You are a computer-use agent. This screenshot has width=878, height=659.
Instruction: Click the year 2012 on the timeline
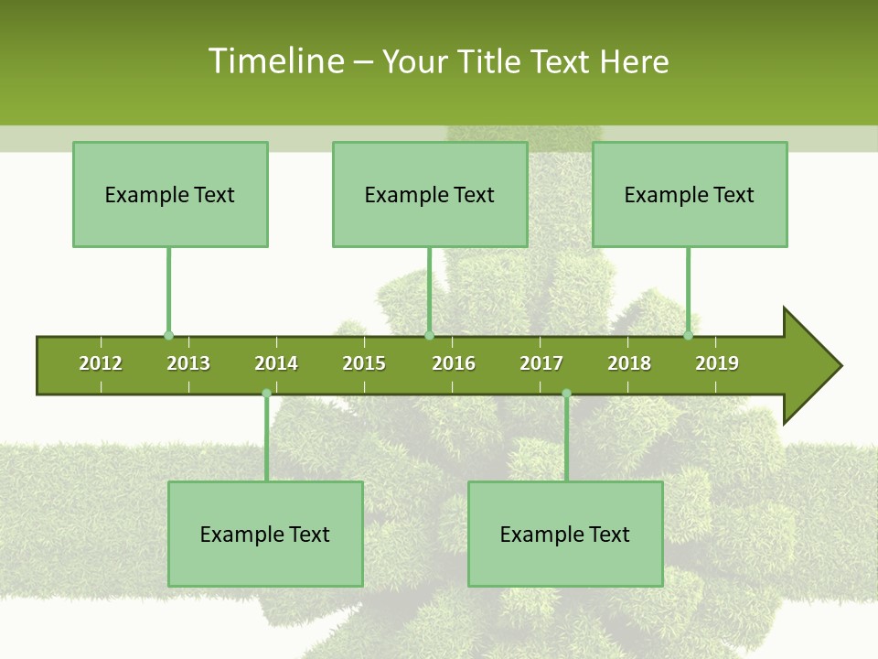click(101, 363)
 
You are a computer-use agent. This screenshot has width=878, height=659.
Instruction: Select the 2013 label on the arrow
click(188, 363)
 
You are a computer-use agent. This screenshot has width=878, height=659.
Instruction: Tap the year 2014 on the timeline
click(276, 363)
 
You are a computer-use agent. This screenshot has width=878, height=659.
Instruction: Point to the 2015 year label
click(364, 363)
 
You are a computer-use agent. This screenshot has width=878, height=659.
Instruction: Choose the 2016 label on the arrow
click(454, 363)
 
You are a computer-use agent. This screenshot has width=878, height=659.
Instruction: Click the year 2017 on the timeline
click(541, 363)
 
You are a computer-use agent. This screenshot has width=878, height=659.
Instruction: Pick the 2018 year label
click(629, 363)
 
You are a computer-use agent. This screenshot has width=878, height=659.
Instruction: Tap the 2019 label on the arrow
click(717, 363)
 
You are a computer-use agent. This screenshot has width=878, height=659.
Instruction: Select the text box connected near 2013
click(170, 194)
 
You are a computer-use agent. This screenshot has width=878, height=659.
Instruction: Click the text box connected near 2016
click(430, 194)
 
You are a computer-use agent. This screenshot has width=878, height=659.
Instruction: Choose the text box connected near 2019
click(690, 194)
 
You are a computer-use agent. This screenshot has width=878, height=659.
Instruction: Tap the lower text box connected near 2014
click(265, 534)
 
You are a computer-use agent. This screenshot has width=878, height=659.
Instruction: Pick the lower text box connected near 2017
click(565, 534)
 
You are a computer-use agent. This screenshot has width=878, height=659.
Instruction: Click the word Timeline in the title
click(274, 61)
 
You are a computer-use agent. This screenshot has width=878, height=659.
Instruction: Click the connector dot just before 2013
click(168, 336)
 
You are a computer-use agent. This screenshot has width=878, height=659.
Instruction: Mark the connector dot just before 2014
click(266, 393)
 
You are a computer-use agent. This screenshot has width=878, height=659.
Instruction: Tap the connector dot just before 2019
click(688, 336)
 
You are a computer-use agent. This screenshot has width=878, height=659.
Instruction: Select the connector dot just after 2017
click(566, 393)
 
